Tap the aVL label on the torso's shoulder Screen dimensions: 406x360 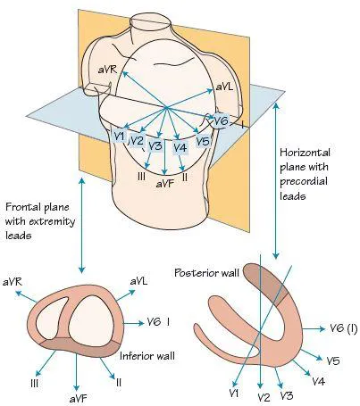(x=224, y=90)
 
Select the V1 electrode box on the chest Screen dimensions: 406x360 (x=120, y=135)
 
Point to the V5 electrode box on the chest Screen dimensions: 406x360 (x=203, y=141)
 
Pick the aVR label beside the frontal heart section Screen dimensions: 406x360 (x=13, y=282)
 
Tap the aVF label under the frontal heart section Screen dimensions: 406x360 (x=75, y=393)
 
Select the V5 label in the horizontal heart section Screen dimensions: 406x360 (x=332, y=360)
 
